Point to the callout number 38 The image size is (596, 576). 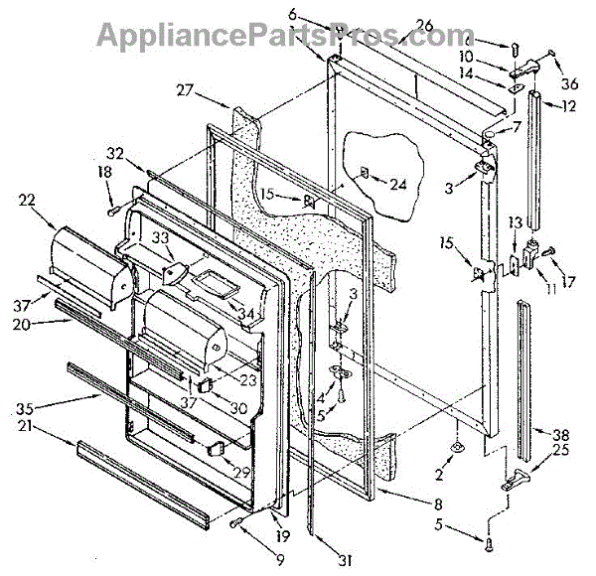click(x=561, y=433)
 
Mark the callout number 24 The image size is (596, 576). click(x=397, y=183)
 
